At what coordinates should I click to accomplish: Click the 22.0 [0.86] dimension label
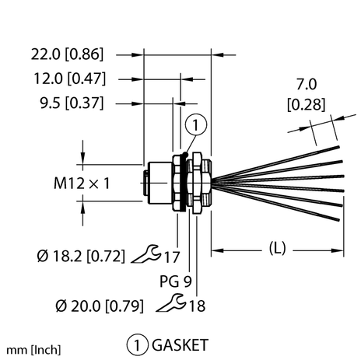coord(67,54)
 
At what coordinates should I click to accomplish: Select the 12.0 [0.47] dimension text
coord(70,79)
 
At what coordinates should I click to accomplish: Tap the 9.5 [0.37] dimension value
coord(72,103)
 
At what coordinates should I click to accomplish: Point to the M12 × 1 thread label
coord(82,183)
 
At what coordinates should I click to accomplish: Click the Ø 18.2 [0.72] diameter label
coord(81,257)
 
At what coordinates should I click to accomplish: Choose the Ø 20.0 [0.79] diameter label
coord(100,306)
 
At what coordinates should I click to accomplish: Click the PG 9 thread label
coord(176,281)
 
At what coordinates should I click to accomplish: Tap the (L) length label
coord(277,248)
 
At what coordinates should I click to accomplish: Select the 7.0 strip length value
coord(307,85)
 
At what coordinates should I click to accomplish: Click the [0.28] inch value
coord(306,105)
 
